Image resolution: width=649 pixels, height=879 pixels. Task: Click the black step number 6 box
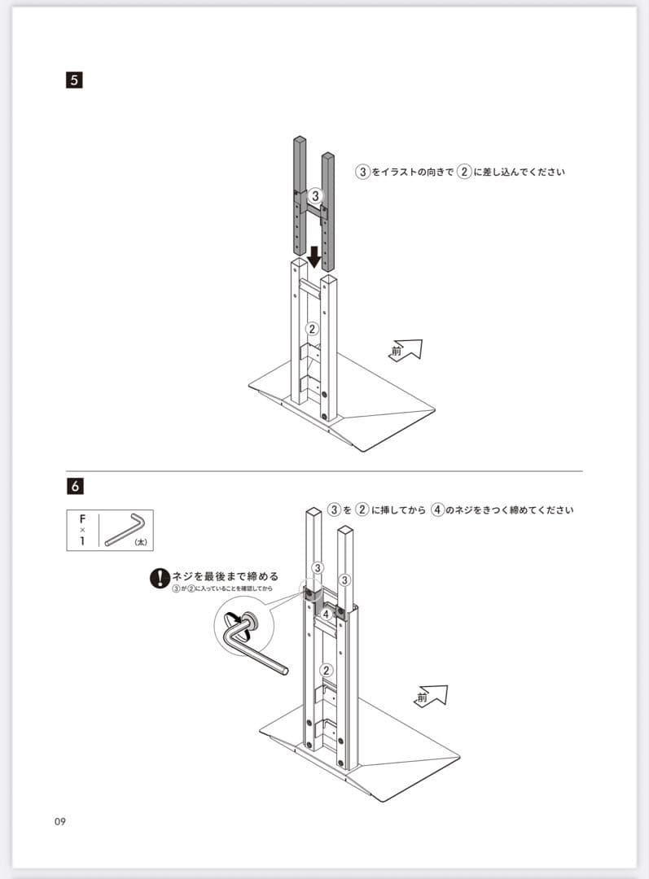[x=75, y=486]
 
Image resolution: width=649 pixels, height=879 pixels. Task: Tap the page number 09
[x=60, y=820]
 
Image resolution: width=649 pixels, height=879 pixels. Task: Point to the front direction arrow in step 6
[x=431, y=696]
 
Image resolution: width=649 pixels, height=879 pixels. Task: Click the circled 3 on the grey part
[x=315, y=195]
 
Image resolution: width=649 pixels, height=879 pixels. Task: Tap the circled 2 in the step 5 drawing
[x=311, y=329]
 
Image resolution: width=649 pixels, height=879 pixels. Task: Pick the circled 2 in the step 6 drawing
[x=327, y=671]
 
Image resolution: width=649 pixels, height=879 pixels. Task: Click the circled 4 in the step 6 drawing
[x=326, y=614]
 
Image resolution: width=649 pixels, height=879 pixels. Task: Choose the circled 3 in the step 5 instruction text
[x=362, y=172]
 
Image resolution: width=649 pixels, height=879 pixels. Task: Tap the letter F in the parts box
[x=82, y=518]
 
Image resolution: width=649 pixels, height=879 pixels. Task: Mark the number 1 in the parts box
[x=82, y=540]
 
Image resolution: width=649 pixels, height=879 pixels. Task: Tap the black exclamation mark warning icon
[x=158, y=579]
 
